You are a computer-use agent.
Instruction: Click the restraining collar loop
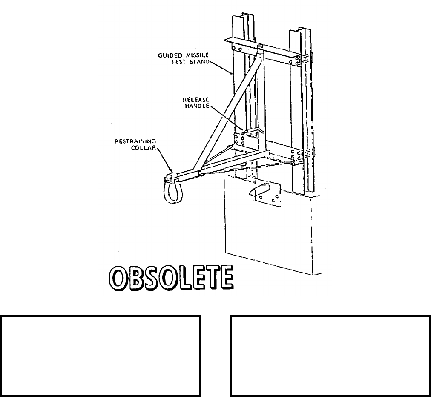coord(171,192)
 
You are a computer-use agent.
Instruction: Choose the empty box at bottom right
coord(330,356)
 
